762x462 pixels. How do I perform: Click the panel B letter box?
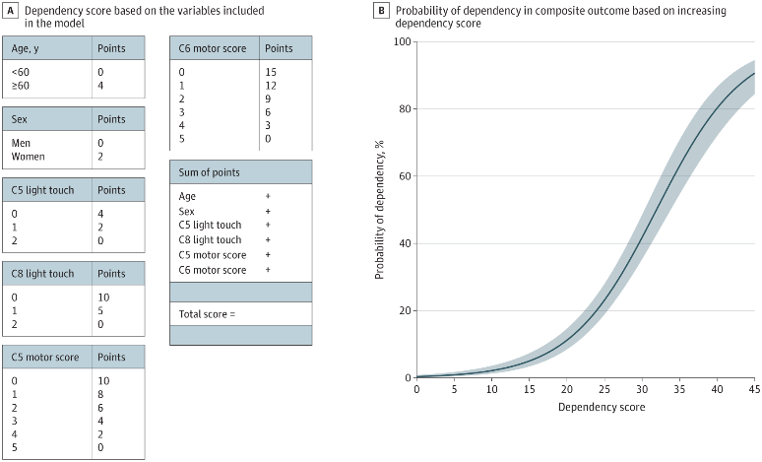click(382, 9)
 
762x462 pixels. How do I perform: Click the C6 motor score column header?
click(212, 47)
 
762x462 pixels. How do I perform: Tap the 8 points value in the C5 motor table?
click(102, 393)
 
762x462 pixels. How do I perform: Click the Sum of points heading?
click(210, 171)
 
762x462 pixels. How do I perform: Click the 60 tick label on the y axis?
click(403, 176)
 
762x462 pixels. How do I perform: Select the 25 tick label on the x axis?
click(603, 389)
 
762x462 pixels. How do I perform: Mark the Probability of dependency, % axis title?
click(380, 210)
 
